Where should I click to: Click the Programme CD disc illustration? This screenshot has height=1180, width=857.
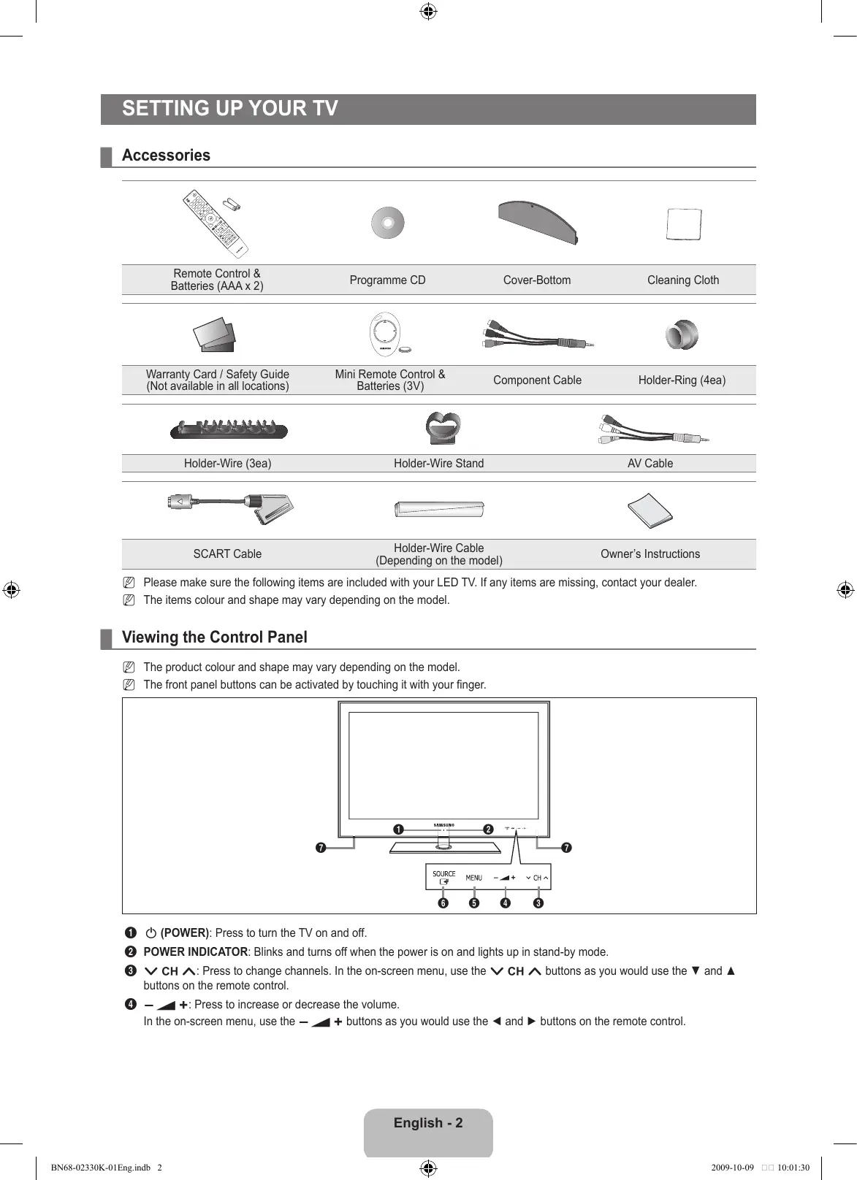(x=387, y=223)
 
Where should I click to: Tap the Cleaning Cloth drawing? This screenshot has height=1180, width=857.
(x=684, y=224)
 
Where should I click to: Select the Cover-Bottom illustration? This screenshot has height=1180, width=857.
(x=538, y=222)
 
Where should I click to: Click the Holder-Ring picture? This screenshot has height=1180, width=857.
(x=682, y=335)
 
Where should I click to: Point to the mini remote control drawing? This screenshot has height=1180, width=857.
(x=384, y=335)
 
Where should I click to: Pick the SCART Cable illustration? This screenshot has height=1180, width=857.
(x=231, y=507)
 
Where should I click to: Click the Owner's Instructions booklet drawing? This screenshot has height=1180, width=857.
(x=650, y=510)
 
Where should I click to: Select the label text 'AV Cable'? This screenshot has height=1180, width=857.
(x=650, y=464)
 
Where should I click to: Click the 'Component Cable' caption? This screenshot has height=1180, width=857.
(x=537, y=380)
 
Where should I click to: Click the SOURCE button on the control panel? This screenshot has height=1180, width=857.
(x=443, y=877)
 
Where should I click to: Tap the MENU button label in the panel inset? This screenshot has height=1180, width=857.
(x=474, y=878)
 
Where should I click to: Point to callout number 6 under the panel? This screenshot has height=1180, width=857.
(x=443, y=903)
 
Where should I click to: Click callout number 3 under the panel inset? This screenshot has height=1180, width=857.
(x=538, y=903)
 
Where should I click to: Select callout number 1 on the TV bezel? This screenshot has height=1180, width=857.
(x=398, y=829)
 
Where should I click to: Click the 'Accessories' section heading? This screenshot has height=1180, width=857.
(x=166, y=156)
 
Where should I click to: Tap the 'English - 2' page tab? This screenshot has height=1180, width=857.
(x=428, y=1123)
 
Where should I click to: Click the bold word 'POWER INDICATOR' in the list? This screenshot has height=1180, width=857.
(x=196, y=952)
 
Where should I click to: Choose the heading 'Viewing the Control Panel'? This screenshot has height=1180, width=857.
(x=215, y=637)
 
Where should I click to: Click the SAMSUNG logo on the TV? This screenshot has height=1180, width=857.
(x=444, y=825)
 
